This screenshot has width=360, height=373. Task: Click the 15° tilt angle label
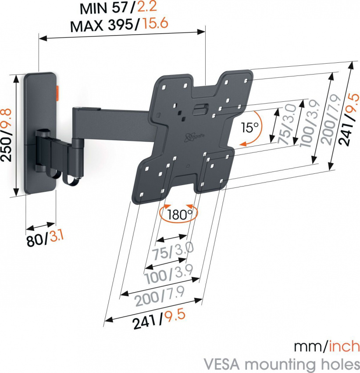(x=249, y=128)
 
